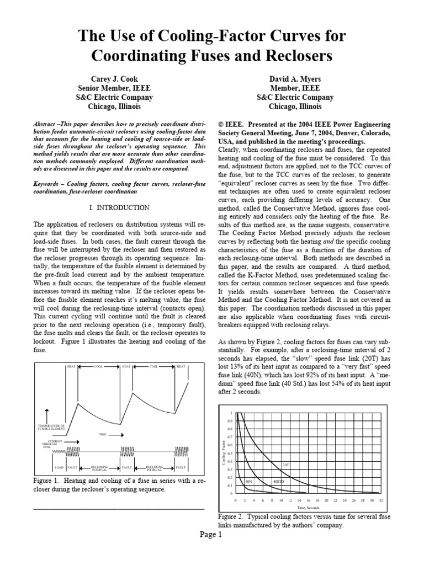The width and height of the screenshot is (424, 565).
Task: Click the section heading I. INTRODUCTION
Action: point(119,207)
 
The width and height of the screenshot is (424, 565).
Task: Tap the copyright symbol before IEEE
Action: point(222,125)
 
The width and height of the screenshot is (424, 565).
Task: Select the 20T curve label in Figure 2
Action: point(285,465)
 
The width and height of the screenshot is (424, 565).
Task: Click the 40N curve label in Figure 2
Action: point(249,482)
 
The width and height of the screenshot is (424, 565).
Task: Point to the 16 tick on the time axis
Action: point(308,500)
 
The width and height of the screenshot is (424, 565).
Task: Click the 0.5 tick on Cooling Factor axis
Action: point(231,453)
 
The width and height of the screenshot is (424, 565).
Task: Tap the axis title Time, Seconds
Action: point(309,507)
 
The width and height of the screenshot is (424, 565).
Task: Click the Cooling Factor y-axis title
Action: point(224,454)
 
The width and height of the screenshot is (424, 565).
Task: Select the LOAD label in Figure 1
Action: point(59,467)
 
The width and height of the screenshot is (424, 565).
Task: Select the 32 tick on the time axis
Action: point(381,500)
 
